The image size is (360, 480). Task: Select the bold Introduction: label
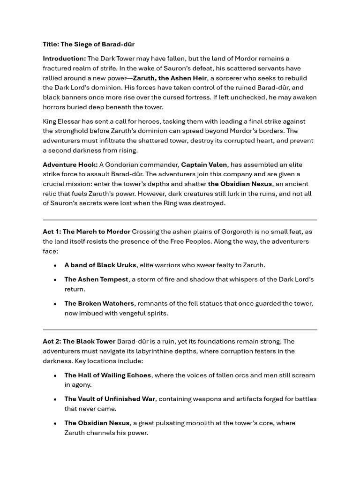coord(64,59)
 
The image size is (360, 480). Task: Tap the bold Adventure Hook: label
coord(70,165)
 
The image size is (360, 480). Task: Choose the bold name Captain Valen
coord(204,165)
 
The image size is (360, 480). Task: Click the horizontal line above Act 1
coord(180,219)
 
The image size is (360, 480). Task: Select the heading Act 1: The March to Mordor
coord(86,232)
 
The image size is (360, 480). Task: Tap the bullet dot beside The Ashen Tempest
coord(55,279)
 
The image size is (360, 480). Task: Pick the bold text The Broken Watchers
coord(99,303)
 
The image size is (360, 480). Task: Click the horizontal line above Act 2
coord(180,330)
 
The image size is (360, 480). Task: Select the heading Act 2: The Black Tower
coord(79,341)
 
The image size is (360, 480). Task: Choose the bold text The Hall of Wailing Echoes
coord(108,375)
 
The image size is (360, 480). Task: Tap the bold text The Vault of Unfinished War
coord(110,399)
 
